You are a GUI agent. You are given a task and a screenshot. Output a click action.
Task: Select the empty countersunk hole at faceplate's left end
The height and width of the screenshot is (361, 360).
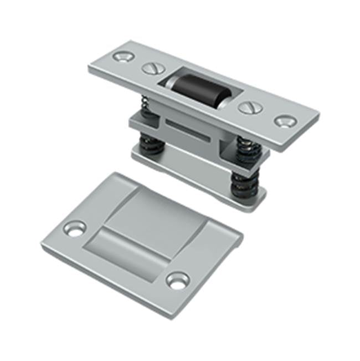[x=123, y=57]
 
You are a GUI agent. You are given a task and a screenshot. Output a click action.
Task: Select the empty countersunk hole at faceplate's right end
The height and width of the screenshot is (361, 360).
[x=285, y=121]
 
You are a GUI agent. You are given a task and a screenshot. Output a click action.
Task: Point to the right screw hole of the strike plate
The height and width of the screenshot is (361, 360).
[x=177, y=280]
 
